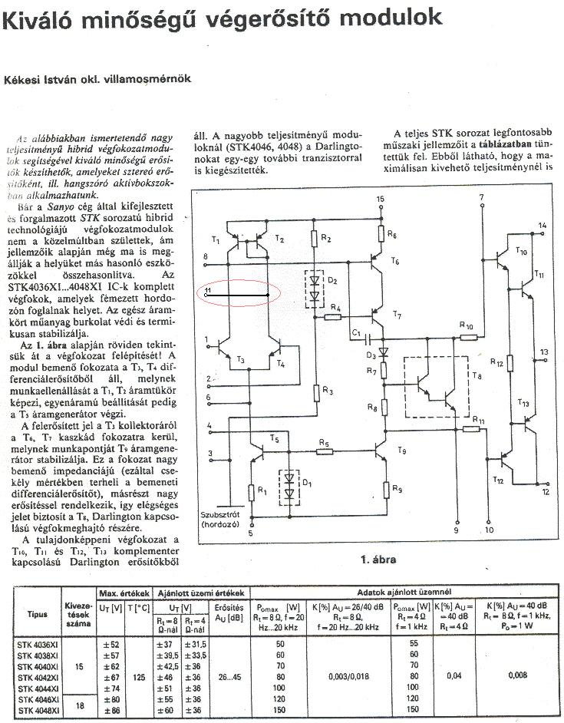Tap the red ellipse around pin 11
pos(238,293)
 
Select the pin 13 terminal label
pos(543,351)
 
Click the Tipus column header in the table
pos(37,614)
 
